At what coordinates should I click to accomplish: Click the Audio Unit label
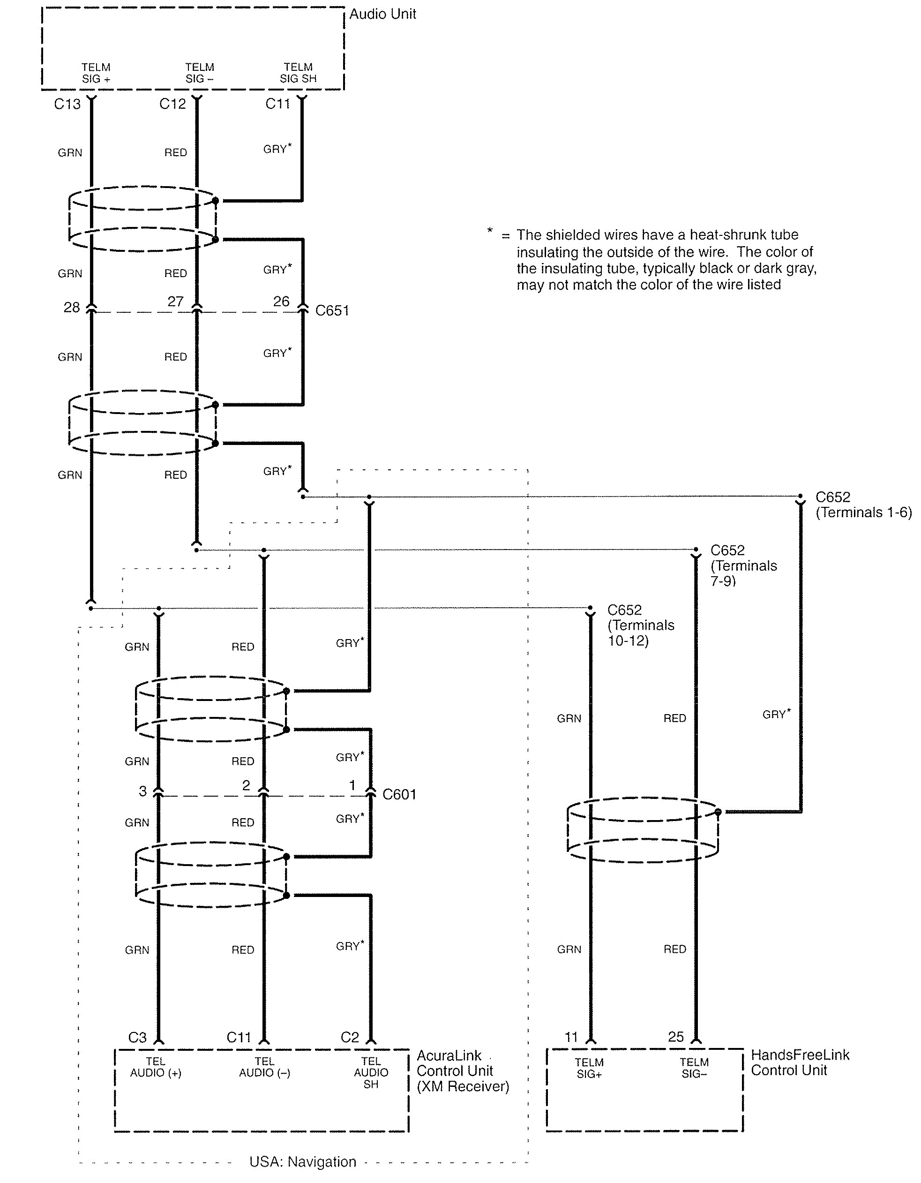(x=382, y=14)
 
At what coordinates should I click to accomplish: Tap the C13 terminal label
(x=67, y=104)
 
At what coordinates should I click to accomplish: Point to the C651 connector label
(x=332, y=310)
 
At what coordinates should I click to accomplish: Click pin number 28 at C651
(x=71, y=308)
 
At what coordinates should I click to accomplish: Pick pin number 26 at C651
(x=281, y=301)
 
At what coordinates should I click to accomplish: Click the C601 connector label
(x=399, y=794)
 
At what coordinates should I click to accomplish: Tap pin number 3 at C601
(x=142, y=791)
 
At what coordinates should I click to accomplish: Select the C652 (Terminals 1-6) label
(x=863, y=505)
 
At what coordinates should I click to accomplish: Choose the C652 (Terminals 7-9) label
(x=743, y=565)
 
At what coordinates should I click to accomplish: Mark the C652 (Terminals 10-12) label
(x=641, y=625)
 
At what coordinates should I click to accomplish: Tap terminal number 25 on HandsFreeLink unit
(x=676, y=1037)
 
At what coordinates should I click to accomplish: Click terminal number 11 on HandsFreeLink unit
(x=571, y=1037)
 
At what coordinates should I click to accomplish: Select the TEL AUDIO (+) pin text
(x=156, y=1067)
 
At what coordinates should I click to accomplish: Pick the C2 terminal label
(x=350, y=1037)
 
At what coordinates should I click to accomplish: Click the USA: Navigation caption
(x=303, y=1161)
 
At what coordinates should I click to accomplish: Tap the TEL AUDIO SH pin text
(x=371, y=1072)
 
